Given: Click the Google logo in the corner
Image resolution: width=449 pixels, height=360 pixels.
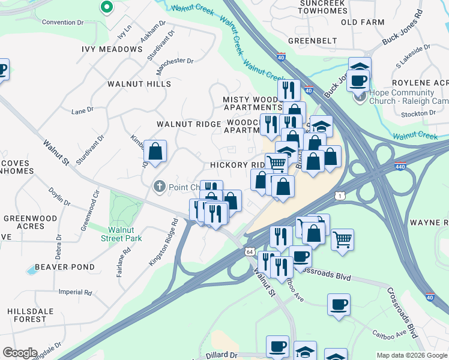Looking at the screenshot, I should tap(20, 353).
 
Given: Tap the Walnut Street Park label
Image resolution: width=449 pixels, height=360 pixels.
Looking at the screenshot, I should tap(125, 234).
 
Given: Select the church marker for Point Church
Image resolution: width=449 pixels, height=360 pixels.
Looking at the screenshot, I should tap(160, 187).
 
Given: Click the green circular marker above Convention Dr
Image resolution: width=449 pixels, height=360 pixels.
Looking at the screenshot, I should tap(107, 7).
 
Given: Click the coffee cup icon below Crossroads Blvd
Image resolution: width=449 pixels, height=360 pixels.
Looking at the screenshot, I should tap(339, 304).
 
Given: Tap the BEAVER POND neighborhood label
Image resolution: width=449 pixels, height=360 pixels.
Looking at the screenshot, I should tap(65, 267).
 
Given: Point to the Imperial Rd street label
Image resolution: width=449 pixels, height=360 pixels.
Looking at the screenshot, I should tap(75, 293).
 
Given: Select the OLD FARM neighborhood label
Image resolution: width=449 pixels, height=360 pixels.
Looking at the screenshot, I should tap(362, 22).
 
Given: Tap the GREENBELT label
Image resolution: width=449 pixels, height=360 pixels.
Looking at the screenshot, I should tap(309, 41).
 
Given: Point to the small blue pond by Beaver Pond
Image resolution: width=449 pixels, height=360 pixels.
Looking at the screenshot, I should tap(31, 271).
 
